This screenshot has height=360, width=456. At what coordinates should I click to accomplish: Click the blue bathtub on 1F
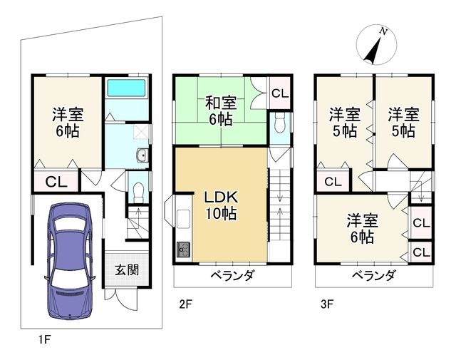(125, 89)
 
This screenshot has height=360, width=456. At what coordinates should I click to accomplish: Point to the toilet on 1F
(139, 189)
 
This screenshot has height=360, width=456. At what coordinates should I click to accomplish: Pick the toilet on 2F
(279, 123)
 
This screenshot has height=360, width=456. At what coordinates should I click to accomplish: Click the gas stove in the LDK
(182, 250)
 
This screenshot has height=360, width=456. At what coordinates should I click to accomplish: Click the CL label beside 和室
(280, 93)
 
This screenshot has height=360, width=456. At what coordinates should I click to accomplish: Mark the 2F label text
(185, 304)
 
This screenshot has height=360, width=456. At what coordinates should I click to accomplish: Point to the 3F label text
(328, 304)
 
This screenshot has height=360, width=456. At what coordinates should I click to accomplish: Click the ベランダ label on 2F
(232, 275)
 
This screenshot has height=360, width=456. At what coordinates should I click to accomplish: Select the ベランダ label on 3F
(373, 275)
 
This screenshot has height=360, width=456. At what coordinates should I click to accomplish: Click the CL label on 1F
(56, 181)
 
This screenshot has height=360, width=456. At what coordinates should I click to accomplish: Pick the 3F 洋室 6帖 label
(361, 229)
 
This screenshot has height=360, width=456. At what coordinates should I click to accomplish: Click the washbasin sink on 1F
(141, 156)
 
